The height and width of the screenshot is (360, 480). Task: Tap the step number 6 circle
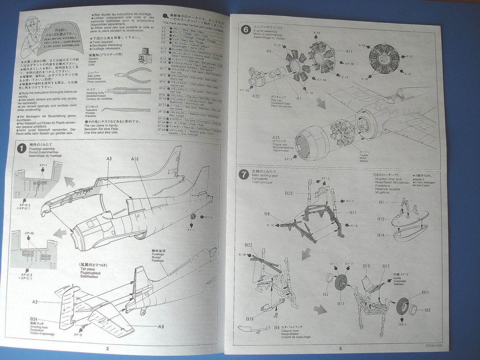click(x=245, y=29)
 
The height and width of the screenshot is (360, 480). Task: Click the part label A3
click(x=109, y=158)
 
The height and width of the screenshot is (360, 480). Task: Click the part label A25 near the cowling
click(x=276, y=137)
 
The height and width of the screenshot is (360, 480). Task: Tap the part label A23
click(x=255, y=96)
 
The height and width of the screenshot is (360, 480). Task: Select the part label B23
click(x=288, y=193)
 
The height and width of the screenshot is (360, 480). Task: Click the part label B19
click(x=250, y=319)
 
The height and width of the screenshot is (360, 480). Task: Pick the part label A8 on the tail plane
click(x=161, y=326)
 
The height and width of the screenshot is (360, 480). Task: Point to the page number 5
click(x=340, y=349)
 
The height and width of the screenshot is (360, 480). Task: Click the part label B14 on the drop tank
click(x=381, y=235)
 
